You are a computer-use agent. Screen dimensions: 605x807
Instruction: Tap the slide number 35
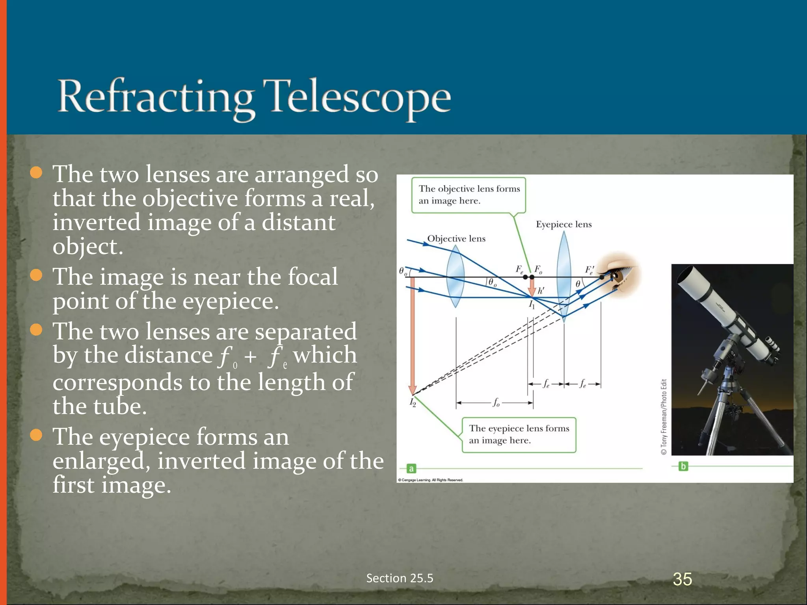point(682,579)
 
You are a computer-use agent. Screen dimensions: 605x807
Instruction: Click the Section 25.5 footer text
point(400,578)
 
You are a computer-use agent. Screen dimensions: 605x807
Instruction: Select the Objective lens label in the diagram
point(456,239)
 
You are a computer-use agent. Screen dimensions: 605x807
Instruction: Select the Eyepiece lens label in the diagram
point(563,225)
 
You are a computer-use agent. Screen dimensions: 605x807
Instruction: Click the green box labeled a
point(411,469)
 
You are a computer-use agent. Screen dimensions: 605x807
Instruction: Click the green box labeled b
point(683,466)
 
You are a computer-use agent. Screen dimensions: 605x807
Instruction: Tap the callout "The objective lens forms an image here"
point(469,195)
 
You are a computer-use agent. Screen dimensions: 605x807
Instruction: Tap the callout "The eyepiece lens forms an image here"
point(519,434)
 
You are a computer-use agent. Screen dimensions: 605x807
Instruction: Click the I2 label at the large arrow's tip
point(413,402)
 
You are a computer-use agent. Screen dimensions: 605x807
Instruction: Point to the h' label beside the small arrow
point(541,291)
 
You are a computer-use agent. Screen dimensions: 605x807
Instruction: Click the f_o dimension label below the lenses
point(496,403)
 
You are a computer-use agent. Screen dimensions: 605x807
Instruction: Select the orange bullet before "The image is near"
point(36,275)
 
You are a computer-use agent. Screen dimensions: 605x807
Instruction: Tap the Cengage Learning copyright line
point(430,480)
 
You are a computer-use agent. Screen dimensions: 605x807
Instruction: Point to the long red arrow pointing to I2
point(412,335)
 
